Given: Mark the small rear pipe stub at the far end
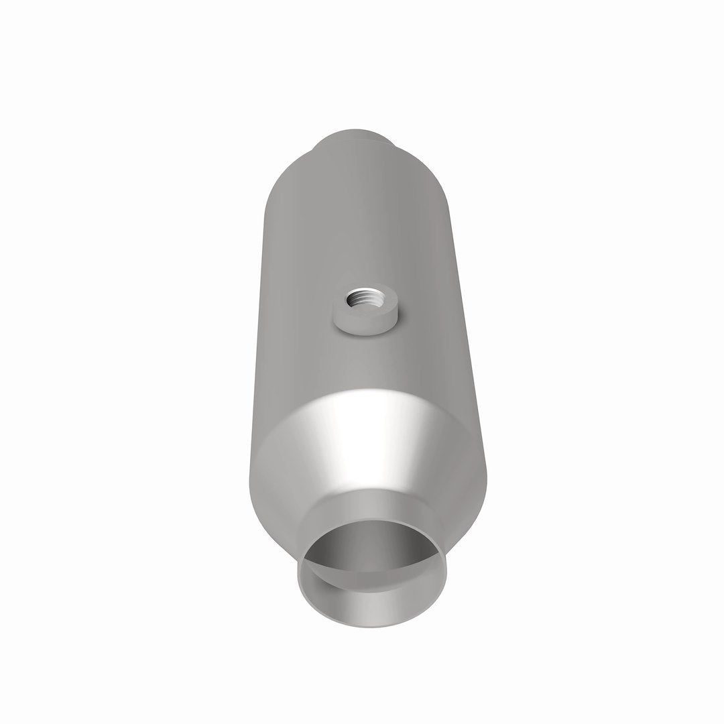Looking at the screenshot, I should [355, 138].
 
